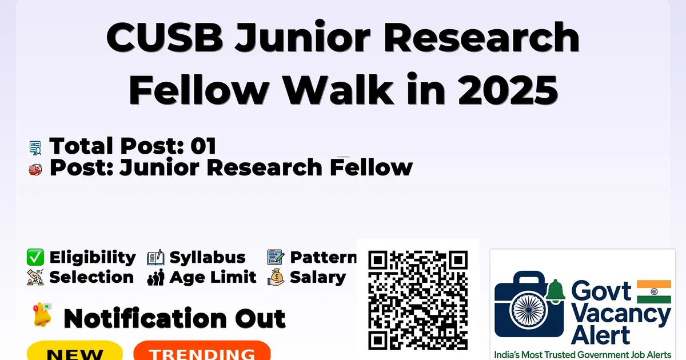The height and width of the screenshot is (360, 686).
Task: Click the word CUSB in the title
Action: pos(165,37)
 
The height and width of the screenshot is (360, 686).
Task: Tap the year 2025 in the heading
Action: pos(508,90)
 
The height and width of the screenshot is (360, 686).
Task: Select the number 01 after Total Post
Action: pos(204,146)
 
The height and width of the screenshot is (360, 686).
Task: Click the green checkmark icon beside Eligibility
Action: pos(35,257)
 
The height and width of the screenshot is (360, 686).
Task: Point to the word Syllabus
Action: pos(208,258)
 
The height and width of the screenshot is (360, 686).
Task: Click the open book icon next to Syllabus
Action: pos(155,258)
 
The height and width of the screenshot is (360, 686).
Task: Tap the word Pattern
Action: pos(324,257)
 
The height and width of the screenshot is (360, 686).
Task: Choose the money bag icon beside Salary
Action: pos(276,277)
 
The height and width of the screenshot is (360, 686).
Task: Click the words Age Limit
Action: pos(213,277)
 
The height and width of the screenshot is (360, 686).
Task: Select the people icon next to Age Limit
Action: pos(155,277)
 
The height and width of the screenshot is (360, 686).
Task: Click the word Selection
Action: pos(91,277)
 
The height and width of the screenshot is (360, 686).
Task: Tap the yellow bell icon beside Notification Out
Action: pos(42,314)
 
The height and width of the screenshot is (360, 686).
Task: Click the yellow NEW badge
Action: pos(75,351)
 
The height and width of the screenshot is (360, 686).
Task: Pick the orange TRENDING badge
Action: pos(202,351)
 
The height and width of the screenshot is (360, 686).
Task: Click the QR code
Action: pos(418,300)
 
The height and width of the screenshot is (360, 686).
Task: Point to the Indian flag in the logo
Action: pos(654,291)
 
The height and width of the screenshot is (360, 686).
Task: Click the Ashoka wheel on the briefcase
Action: pos(529,310)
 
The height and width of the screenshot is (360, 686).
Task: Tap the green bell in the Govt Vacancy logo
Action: pos(555,291)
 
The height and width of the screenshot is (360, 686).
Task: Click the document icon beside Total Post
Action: pos(35,148)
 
